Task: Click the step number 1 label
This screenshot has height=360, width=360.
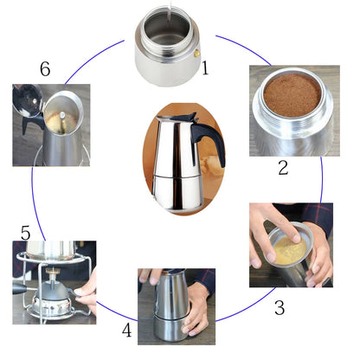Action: coord(205,67)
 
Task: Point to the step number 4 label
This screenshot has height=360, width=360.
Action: coord(127,331)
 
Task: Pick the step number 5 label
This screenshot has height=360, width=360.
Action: coord(26,233)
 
